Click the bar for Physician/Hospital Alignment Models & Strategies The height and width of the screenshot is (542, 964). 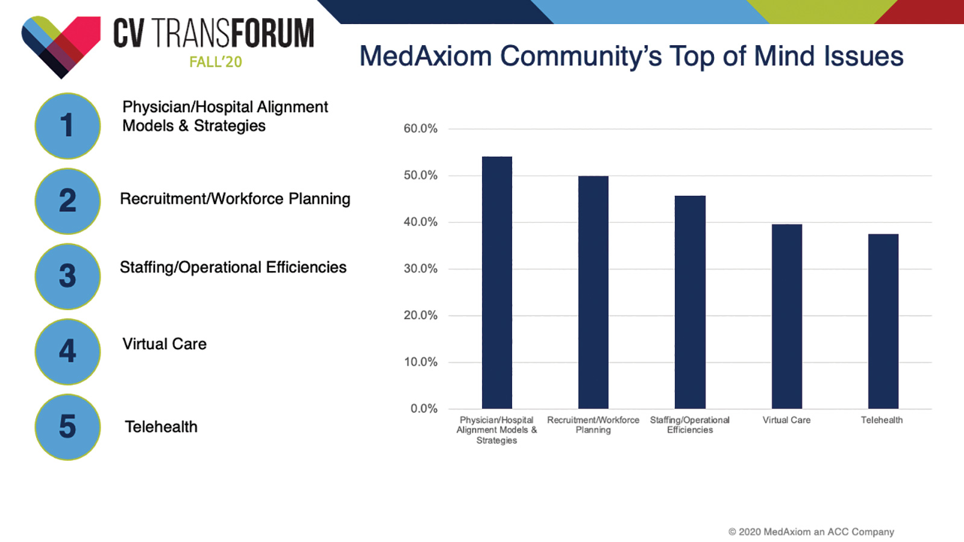point(497,282)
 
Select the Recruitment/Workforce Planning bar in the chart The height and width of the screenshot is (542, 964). point(593,293)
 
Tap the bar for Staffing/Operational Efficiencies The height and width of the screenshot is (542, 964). point(690,302)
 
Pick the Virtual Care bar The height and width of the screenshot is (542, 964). point(787,317)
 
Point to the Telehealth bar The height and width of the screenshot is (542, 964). point(883,322)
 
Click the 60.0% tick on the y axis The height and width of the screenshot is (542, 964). point(421,129)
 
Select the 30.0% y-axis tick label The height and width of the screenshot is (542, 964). point(421,269)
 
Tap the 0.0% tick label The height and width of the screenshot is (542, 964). point(424,409)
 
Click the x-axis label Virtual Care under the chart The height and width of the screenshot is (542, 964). point(787,420)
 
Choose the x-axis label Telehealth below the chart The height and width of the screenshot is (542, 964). point(882,420)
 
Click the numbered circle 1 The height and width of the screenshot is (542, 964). point(67,126)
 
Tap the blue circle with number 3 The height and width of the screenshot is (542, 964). point(67,276)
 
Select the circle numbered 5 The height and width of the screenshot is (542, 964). point(67,427)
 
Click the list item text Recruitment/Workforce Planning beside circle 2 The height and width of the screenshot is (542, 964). point(235,199)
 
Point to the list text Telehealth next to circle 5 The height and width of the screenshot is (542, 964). point(161,427)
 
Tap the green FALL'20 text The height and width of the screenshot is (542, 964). point(216,62)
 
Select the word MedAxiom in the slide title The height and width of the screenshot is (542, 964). point(425,57)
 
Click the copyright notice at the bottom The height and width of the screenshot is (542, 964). point(811,532)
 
